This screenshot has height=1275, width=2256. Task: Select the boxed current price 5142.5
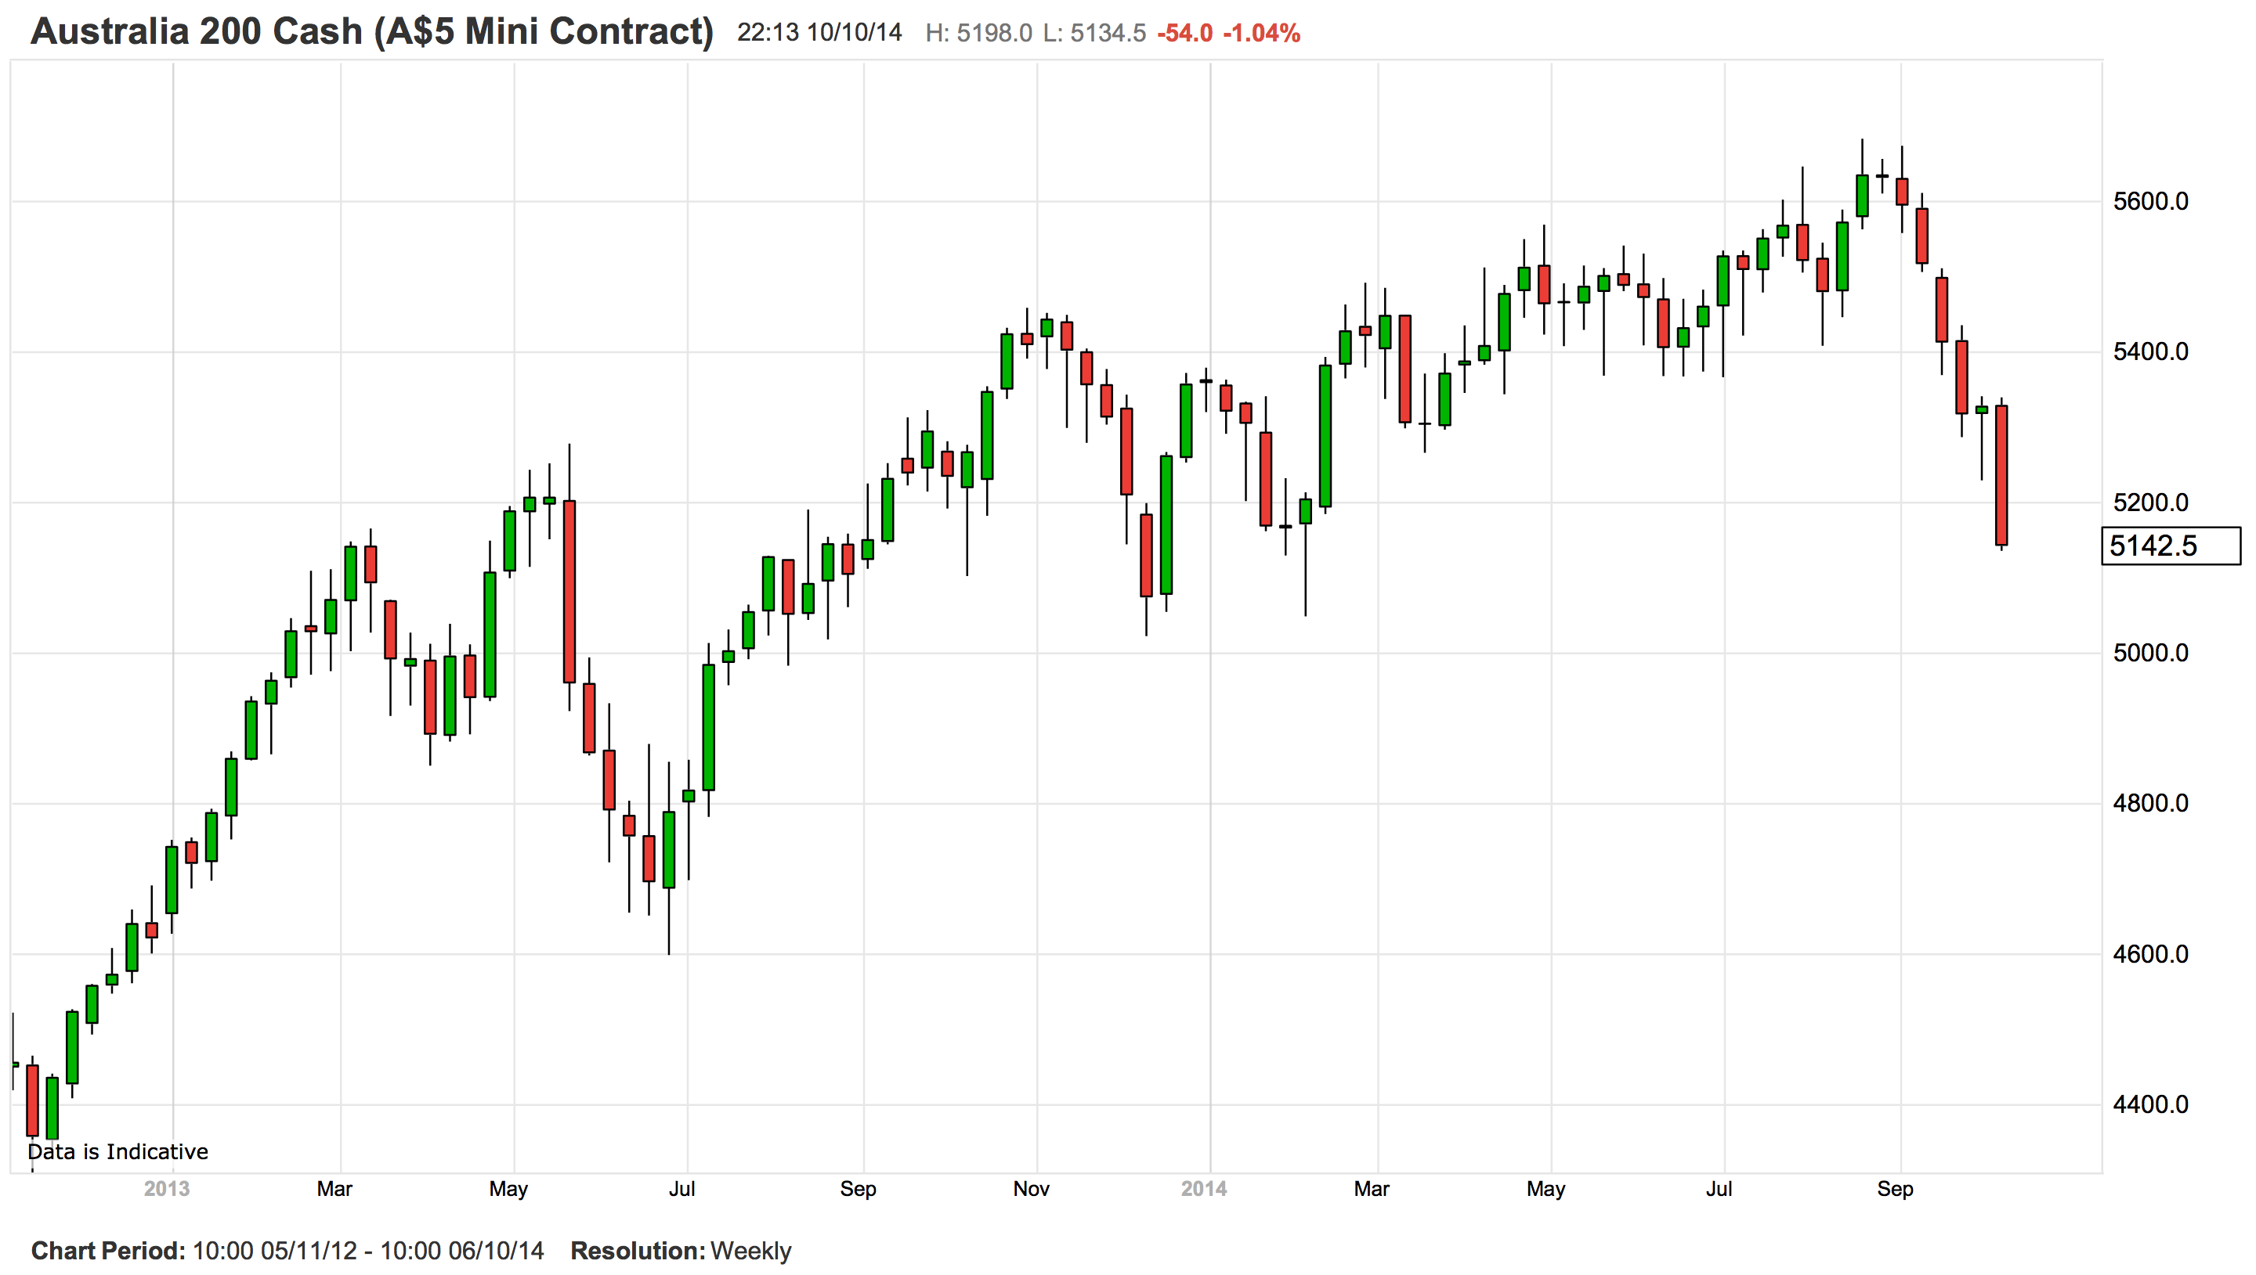pyautogui.click(x=2153, y=546)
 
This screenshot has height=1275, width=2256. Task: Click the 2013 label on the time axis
pyautogui.click(x=167, y=1188)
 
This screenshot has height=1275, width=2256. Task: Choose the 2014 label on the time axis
pyautogui.click(x=1203, y=1188)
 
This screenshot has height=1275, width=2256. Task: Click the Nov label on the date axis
pyautogui.click(x=1030, y=1188)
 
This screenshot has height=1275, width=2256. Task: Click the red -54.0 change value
pyautogui.click(x=1184, y=34)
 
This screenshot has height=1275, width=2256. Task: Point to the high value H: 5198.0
pyautogui.click(x=978, y=34)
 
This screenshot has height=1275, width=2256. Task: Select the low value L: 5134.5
pyautogui.click(x=1094, y=34)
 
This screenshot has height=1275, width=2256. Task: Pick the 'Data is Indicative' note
pyautogui.click(x=117, y=1151)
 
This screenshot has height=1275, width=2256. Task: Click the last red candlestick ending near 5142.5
pyautogui.click(x=2001, y=476)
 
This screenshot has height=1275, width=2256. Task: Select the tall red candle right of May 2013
pyautogui.click(x=569, y=591)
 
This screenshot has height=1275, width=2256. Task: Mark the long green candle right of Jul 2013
pyautogui.click(x=708, y=727)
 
